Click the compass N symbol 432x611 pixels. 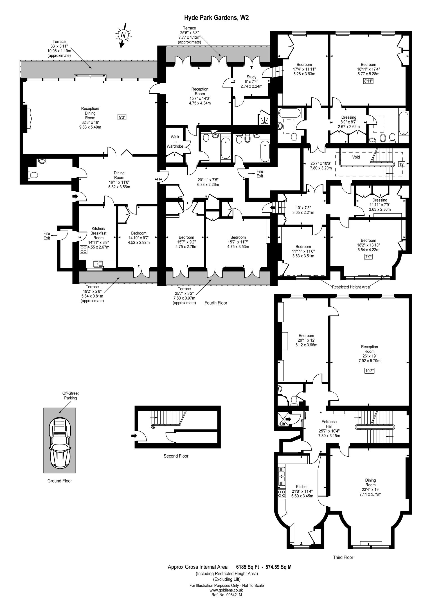coord(123,35)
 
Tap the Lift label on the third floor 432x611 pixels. coord(283,424)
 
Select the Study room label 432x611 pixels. coord(251,77)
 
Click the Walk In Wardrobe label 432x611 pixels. coord(175,142)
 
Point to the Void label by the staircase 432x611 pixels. coord(356,157)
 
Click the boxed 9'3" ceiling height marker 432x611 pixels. coord(122,117)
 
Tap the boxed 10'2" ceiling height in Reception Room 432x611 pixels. coord(369,370)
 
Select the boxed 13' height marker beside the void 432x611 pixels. coord(401,164)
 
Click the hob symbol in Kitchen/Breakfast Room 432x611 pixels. coord(83,249)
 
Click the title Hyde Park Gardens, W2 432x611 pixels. coord(216,18)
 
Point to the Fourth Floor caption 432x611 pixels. coord(216,303)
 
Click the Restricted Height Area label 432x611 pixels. coord(351,287)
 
